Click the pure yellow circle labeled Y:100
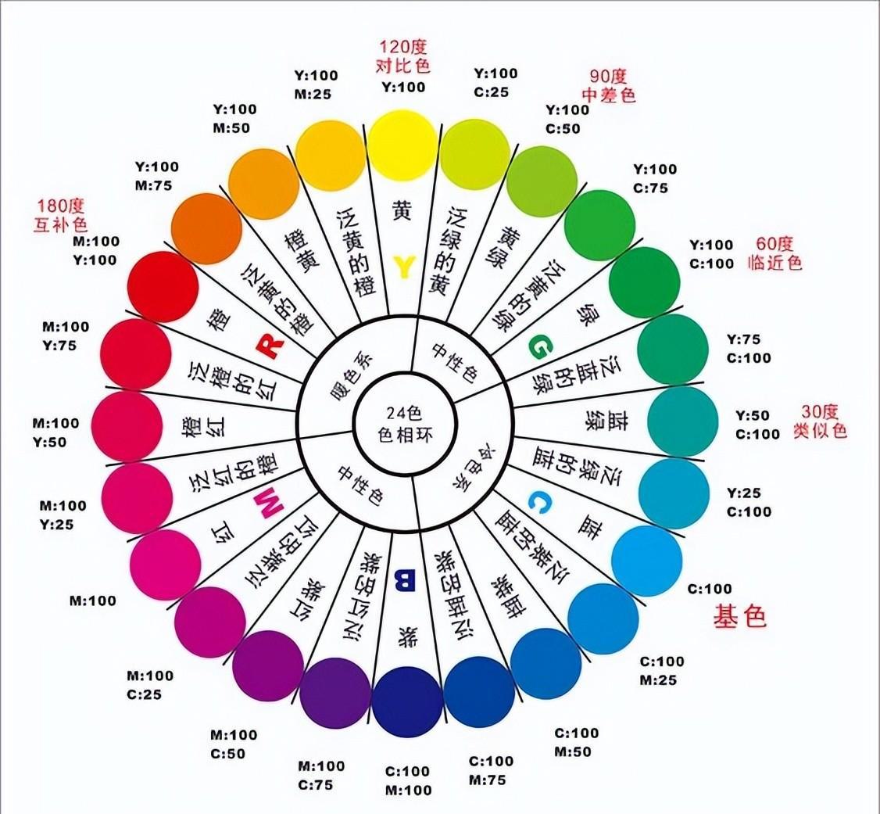tap(403, 145)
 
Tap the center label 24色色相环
tap(405, 425)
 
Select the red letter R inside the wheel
tap(270, 346)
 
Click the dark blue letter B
tap(405, 580)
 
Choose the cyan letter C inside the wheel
tap(540, 501)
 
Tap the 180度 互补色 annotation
tap(61, 215)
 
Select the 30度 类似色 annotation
tap(820, 421)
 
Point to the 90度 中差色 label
tap(608, 85)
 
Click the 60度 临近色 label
tap(774, 253)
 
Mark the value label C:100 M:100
tap(408, 781)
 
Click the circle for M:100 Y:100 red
tap(163, 287)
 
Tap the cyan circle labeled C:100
tap(646, 561)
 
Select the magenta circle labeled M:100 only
tap(165, 565)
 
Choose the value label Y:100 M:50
tap(234, 118)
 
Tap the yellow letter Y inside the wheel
tap(404, 267)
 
